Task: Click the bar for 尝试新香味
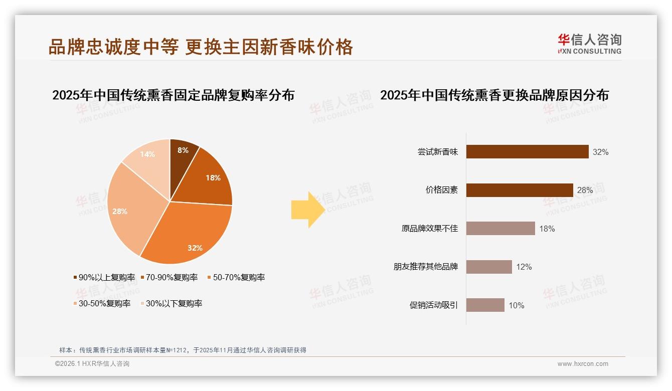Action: coord(527,152)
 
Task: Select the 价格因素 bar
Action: coord(520,190)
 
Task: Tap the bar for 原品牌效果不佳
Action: coord(500,229)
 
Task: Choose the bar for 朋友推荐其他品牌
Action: coord(489,267)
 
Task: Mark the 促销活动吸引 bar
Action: coord(485,305)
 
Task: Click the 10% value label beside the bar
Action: coord(517,305)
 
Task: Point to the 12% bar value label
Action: coord(524,267)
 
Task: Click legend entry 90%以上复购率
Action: coord(104,277)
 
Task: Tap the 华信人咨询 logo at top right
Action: coord(589,44)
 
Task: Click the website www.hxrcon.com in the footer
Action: coord(583,364)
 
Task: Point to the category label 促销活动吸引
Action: coord(434,305)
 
